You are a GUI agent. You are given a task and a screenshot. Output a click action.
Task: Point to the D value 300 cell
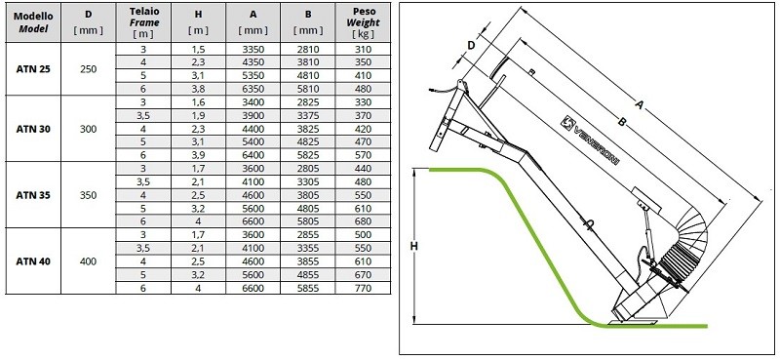click(88, 128)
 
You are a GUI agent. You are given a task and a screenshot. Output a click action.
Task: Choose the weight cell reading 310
click(362, 48)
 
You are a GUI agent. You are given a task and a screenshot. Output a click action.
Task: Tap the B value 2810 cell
click(307, 48)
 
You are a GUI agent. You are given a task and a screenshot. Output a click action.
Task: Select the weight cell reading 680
click(362, 221)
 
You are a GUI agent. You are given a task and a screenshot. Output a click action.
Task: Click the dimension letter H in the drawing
click(414, 247)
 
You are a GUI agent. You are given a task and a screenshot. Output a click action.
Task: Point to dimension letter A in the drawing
click(640, 100)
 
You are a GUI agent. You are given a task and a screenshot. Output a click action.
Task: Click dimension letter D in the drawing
click(471, 45)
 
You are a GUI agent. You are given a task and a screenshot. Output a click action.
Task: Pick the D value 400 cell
click(88, 260)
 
